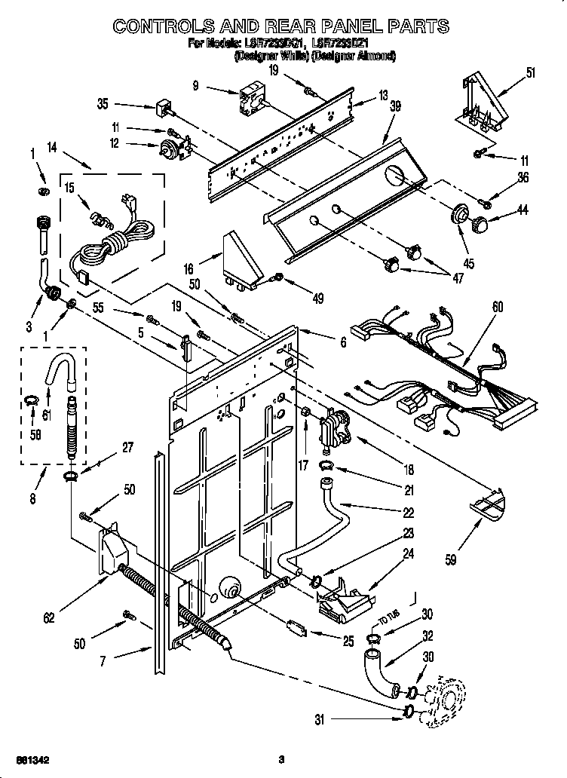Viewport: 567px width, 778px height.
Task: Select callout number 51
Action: point(531,73)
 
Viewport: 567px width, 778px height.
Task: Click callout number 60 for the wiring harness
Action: point(497,308)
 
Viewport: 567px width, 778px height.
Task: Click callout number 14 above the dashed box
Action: point(51,149)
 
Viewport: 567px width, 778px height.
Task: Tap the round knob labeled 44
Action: point(479,224)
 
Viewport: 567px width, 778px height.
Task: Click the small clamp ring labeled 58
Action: point(32,399)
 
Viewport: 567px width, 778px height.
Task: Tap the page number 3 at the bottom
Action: point(280,758)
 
